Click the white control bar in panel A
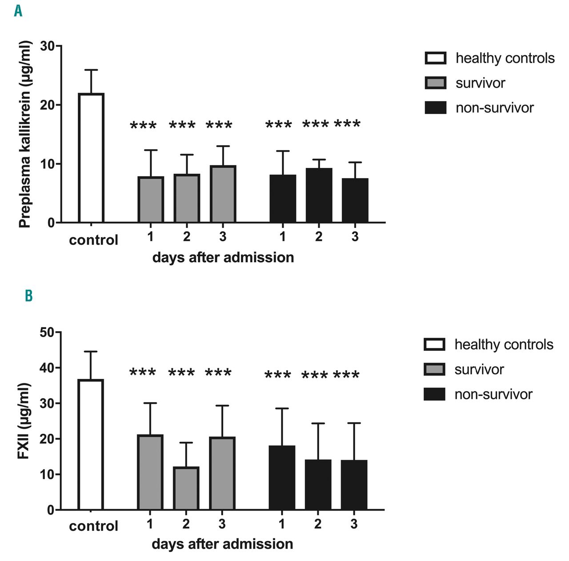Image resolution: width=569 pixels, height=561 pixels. coord(91,158)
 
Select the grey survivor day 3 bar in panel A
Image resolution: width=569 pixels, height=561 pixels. coord(223,194)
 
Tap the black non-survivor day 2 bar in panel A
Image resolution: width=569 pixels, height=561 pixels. coord(319,195)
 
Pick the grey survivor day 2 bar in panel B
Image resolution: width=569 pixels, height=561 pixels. coord(186,488)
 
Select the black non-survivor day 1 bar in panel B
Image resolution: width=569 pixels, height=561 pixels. coord(282,477)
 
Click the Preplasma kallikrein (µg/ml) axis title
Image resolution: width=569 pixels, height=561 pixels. coord(25,134)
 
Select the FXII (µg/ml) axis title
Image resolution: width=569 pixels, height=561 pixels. coord(24,421)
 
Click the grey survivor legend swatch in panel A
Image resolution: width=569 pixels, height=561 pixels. coord(435,83)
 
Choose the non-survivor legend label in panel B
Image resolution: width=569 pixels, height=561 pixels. coord(493,394)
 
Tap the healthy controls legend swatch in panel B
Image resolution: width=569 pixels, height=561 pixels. coord(434,345)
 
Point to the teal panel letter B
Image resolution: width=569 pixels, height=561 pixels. coord(28,296)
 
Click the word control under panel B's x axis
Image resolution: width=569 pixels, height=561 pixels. coord(93,526)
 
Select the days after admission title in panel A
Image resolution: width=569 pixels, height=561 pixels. coord(223,258)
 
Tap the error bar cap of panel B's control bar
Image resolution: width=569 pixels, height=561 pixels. coord(91,352)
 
